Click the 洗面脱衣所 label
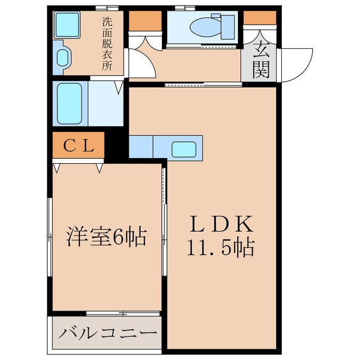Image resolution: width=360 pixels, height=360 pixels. pyautogui.click(x=106, y=43)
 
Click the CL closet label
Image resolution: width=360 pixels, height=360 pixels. pyautogui.click(x=78, y=146)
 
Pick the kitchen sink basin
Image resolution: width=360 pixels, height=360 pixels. pyautogui.click(x=183, y=149)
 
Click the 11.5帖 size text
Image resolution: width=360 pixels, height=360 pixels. pyautogui.click(x=221, y=247)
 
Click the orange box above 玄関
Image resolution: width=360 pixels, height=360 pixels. pyautogui.click(x=260, y=17)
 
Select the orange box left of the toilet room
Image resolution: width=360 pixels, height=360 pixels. pyautogui.click(x=144, y=21)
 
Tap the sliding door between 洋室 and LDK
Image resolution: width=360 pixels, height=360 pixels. pyautogui.click(x=164, y=225)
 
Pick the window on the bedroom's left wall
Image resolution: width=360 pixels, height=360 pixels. pyautogui.click(x=51, y=236)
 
